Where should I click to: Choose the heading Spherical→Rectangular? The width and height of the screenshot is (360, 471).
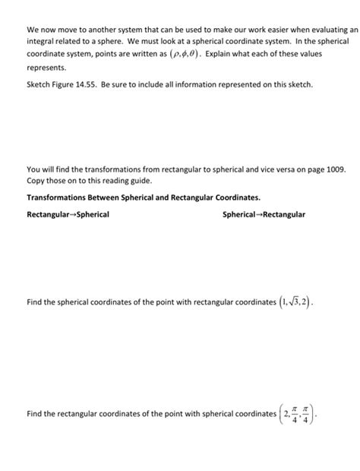(264, 214)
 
